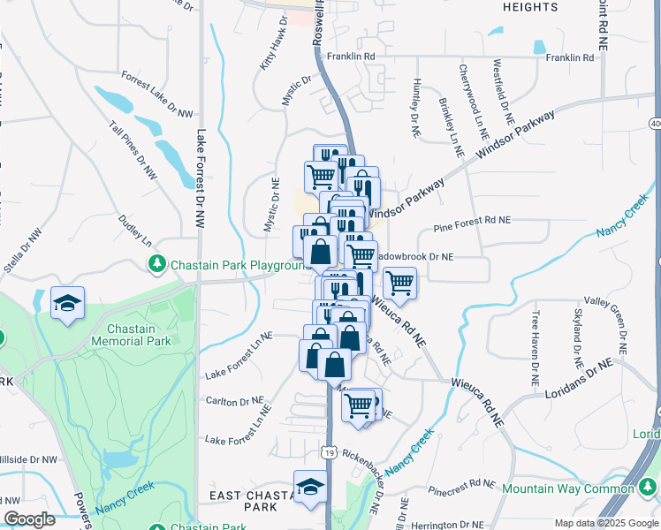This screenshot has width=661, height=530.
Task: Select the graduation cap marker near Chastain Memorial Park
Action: coord(67,305)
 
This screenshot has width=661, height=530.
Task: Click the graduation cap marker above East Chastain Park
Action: coord(310,488)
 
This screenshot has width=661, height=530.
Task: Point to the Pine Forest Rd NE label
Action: coord(472,229)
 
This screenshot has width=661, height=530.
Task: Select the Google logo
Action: coord(29,519)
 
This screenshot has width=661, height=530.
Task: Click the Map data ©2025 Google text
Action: coord(605,523)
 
